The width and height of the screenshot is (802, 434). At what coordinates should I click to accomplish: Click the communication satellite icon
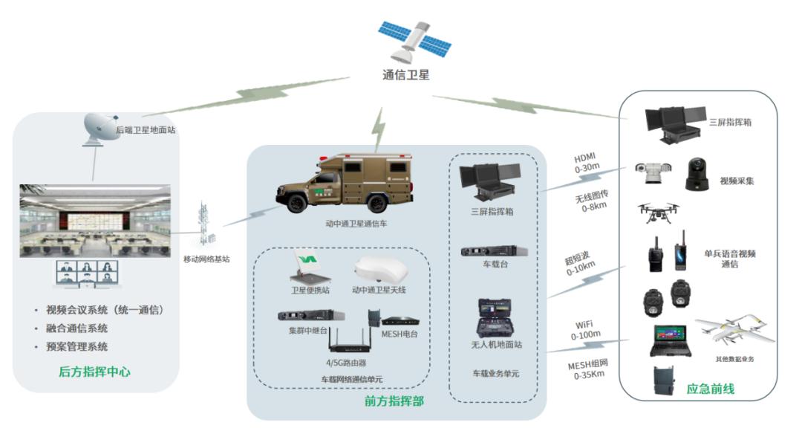(x=415, y=40)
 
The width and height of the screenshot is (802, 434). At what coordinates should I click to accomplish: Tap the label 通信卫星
(x=406, y=75)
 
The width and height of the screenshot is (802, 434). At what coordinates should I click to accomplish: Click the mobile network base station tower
(x=206, y=225)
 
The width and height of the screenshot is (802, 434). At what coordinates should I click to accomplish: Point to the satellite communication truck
(x=345, y=183)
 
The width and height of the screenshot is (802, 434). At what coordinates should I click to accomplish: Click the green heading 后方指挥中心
(x=94, y=372)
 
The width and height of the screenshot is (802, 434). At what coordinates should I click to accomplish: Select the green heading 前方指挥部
(x=394, y=401)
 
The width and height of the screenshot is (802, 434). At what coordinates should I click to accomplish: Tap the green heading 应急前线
(x=711, y=389)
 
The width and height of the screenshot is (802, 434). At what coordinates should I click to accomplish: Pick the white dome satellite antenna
(x=380, y=270)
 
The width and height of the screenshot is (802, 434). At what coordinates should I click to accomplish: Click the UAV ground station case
(x=495, y=318)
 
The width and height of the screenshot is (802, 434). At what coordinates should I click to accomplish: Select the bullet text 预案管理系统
(x=76, y=346)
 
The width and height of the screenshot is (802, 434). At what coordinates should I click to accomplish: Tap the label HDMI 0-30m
(x=586, y=162)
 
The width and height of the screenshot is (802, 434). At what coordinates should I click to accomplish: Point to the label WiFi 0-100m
(x=586, y=330)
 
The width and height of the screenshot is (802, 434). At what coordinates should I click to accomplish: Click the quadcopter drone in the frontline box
(x=658, y=212)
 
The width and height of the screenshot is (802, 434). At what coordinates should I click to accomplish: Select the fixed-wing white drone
(x=734, y=328)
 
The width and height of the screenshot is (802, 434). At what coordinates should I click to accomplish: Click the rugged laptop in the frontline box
(x=671, y=340)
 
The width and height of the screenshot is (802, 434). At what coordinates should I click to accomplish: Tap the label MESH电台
(x=400, y=334)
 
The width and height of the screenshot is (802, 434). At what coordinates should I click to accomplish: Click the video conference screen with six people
(x=87, y=273)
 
